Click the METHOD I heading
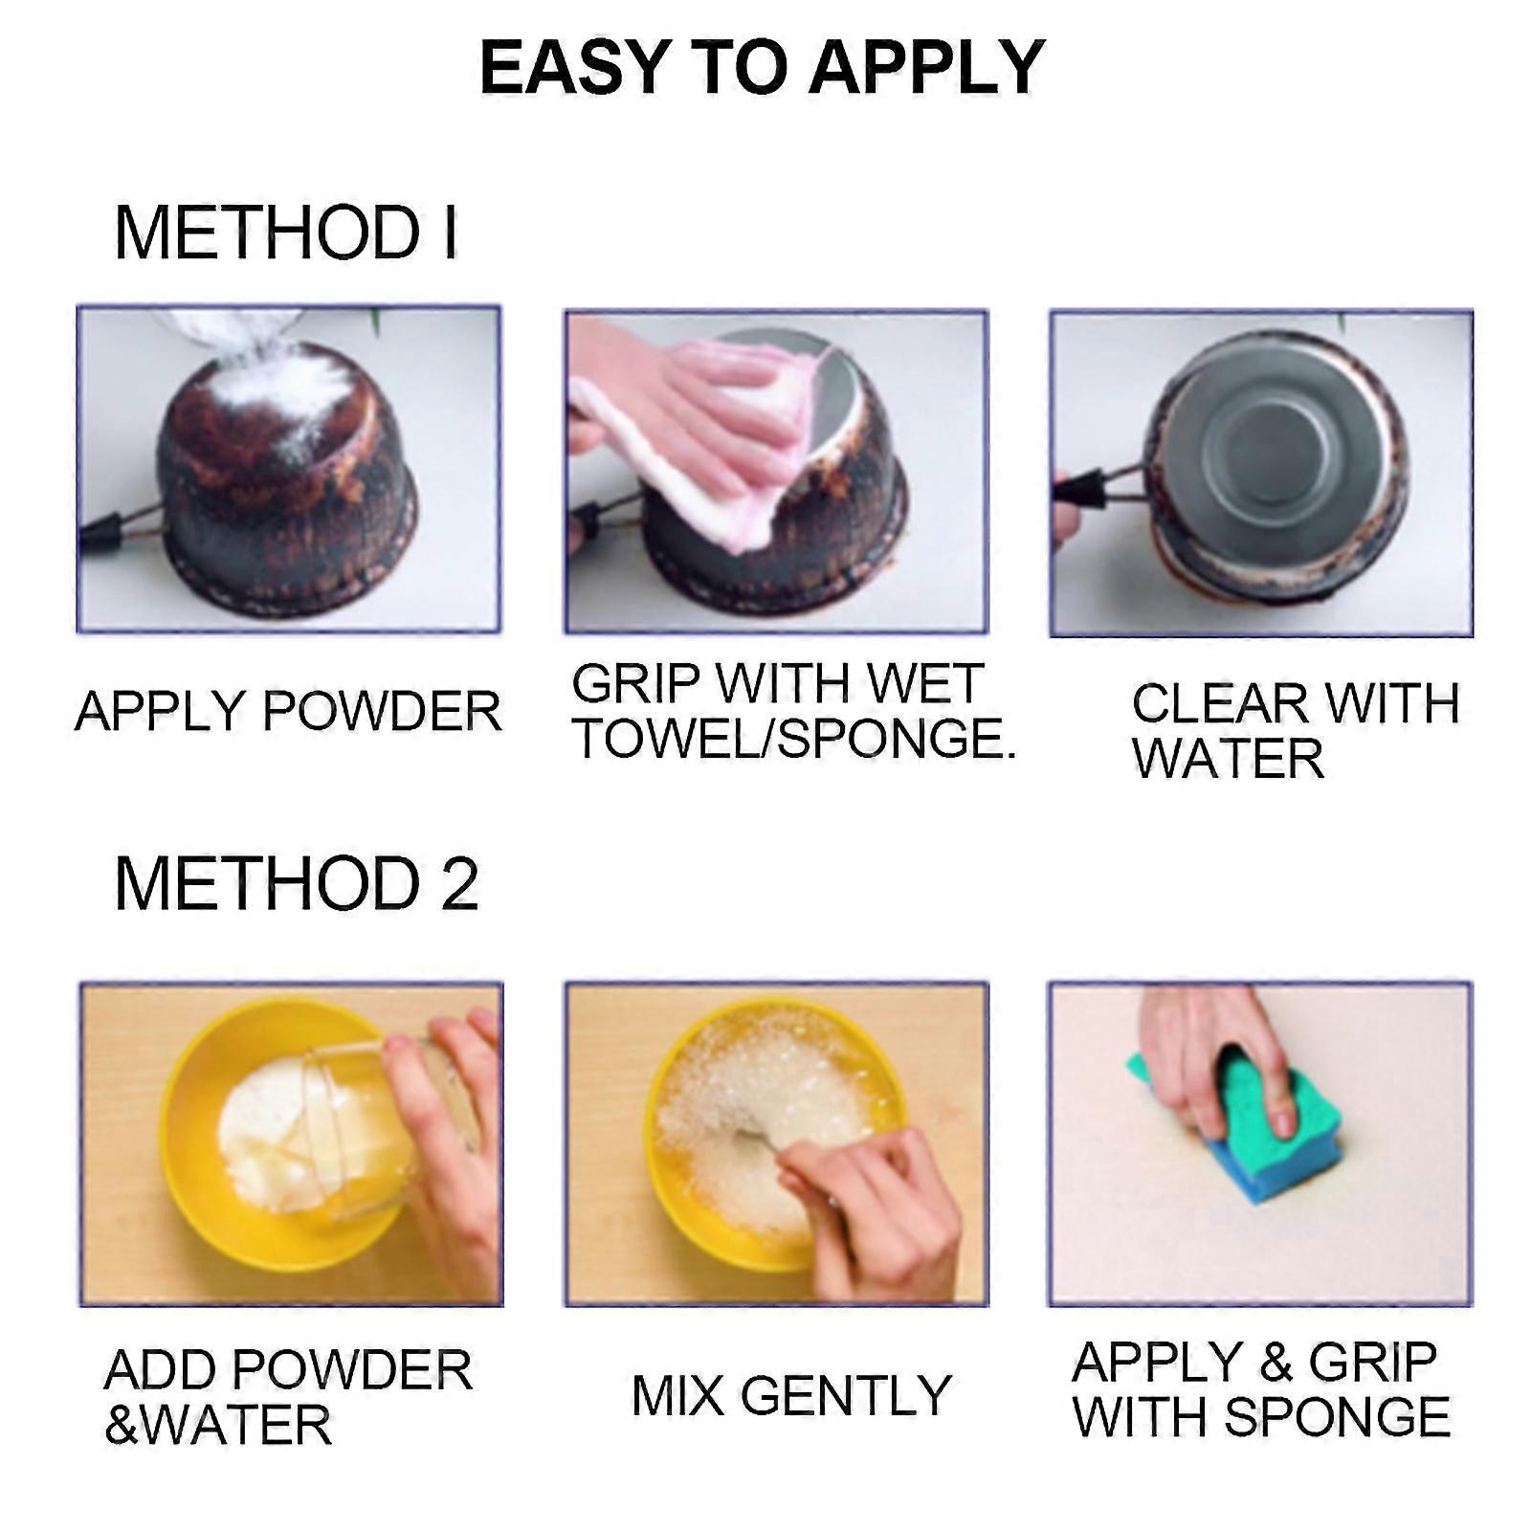[x=285, y=233]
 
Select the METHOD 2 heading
[x=296, y=883]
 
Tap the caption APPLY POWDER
[x=287, y=711]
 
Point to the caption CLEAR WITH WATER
[x=1294, y=730]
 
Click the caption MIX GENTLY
[x=790, y=1395]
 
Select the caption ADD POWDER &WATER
[x=287, y=1397]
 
